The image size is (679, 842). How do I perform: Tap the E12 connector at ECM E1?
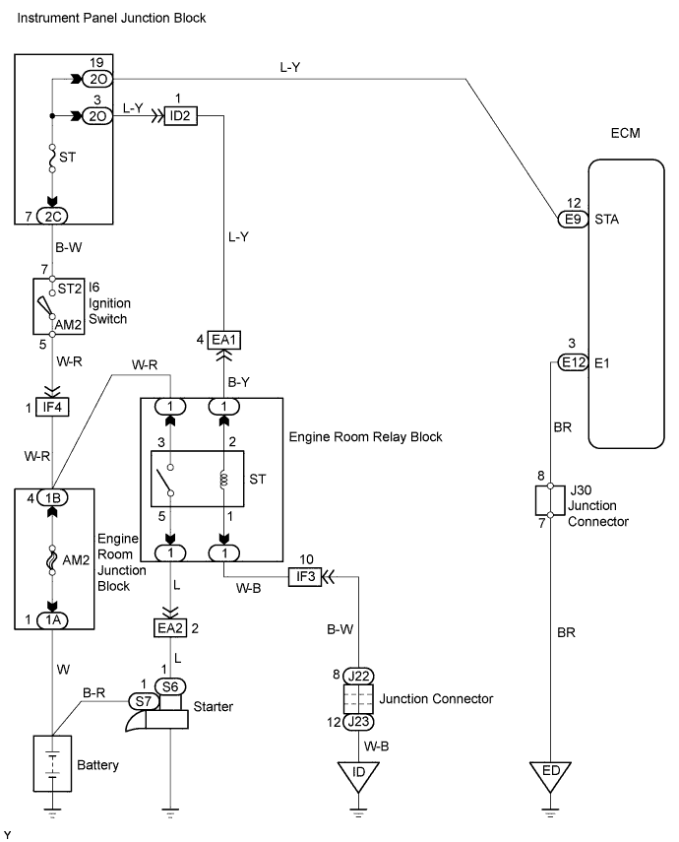click(571, 362)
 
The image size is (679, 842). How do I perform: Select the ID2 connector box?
click(181, 115)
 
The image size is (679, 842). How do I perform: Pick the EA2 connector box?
click(171, 626)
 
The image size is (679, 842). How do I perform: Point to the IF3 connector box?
click(303, 577)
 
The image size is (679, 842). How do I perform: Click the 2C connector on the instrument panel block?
click(52, 216)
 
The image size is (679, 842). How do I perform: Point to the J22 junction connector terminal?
click(358, 676)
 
